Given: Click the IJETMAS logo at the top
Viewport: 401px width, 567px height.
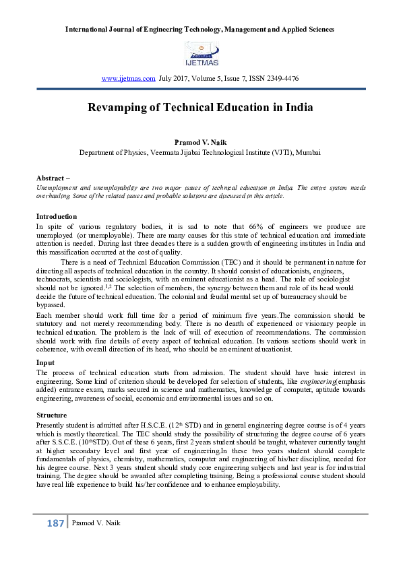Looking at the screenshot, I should [x=200, y=53].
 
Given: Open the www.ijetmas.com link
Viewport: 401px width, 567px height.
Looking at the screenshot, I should [x=128, y=79].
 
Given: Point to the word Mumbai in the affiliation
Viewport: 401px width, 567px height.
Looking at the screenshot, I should [x=307, y=153].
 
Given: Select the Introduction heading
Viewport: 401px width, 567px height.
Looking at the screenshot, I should [x=57, y=216].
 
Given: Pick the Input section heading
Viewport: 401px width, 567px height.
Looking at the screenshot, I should [x=45, y=362].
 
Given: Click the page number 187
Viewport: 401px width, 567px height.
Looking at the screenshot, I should [x=55, y=523].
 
